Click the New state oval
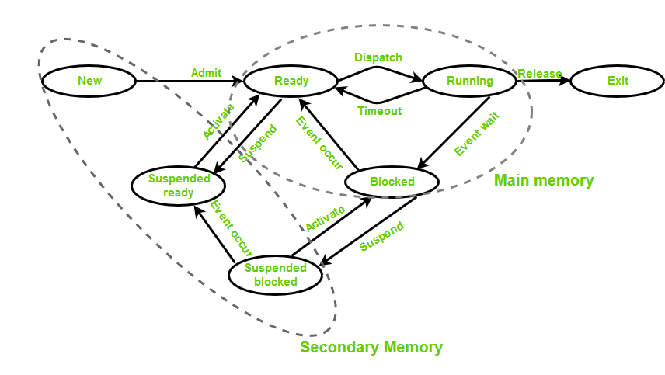click(x=89, y=81)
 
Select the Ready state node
click(x=291, y=81)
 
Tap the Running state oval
click(x=470, y=81)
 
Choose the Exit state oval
click(x=618, y=81)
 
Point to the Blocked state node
click(x=392, y=182)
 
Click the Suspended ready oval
click(x=178, y=186)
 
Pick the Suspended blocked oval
click(x=275, y=275)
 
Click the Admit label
click(x=206, y=73)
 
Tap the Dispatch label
click(x=378, y=57)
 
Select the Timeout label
click(x=380, y=111)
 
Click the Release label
click(x=539, y=74)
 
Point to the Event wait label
click(x=477, y=134)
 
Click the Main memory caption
click(x=544, y=180)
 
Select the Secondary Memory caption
click(x=371, y=347)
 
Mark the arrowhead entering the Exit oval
click(x=565, y=80)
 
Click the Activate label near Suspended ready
click(x=218, y=122)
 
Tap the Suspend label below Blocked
click(x=381, y=237)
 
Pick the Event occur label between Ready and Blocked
click(x=319, y=143)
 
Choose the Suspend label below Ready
click(x=257, y=143)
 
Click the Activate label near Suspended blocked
click(x=326, y=219)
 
